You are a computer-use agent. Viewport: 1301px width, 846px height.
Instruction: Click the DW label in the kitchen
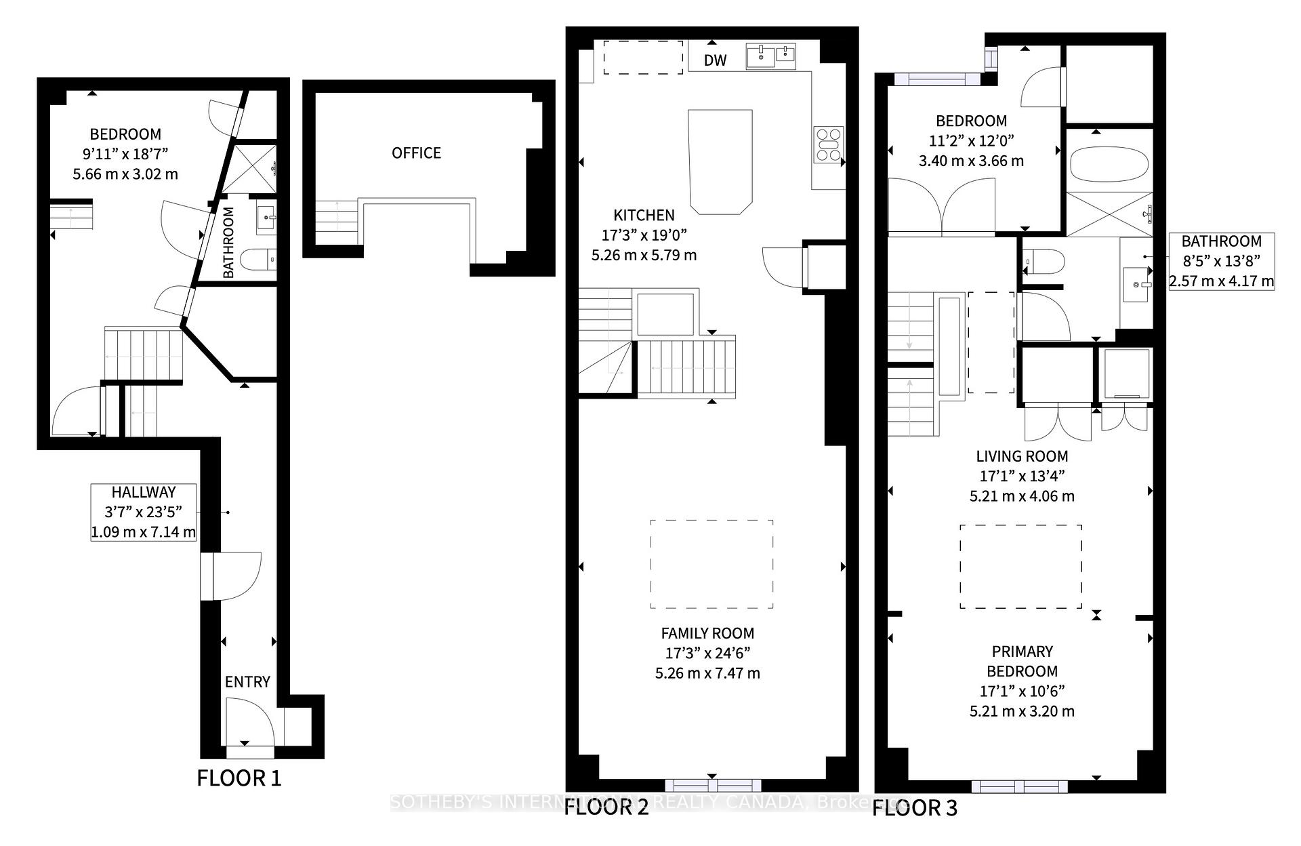715,60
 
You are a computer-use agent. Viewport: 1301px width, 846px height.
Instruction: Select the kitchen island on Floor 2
720,161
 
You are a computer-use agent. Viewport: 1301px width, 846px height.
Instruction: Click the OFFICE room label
416,153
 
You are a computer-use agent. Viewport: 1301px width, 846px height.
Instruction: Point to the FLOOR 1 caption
239,778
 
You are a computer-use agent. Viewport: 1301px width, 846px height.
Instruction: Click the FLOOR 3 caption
914,808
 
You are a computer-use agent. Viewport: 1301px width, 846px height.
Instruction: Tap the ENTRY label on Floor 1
247,682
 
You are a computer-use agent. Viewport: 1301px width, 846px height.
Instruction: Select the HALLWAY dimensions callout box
144,512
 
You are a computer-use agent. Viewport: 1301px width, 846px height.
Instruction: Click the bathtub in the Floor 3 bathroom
1109,164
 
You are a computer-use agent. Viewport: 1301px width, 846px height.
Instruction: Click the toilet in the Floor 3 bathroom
1044,261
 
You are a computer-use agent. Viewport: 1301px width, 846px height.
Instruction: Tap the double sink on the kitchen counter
771,56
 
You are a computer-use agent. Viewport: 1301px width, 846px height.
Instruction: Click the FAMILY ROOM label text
707,634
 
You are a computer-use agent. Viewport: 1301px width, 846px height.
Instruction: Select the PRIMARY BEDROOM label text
1022,661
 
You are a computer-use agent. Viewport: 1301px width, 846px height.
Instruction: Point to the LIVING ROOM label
1022,456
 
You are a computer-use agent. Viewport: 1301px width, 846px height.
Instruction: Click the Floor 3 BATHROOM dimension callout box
1221,261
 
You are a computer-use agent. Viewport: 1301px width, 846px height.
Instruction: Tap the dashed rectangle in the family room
711,564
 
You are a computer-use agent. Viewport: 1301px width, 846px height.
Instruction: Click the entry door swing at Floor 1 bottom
249,724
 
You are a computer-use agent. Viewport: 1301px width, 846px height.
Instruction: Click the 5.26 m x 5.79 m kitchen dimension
644,256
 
